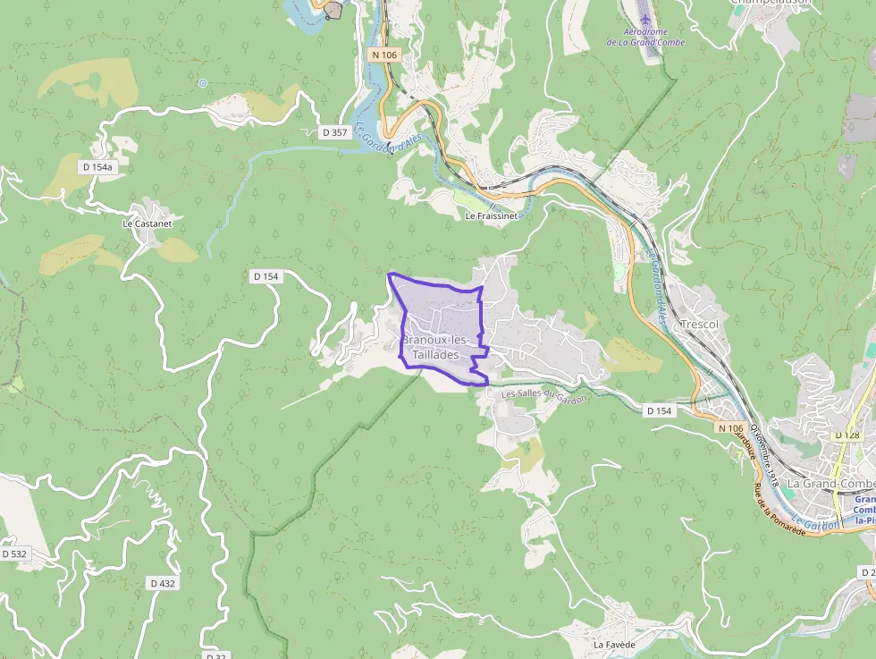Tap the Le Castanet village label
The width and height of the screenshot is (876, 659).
pyautogui.click(x=147, y=223)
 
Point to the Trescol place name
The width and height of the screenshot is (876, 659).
pyautogui.click(x=699, y=324)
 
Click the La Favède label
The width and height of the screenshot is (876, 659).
pyautogui.click(x=614, y=644)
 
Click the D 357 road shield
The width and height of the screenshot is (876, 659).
pyautogui.click(x=333, y=132)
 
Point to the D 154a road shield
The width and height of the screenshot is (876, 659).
pyautogui.click(x=97, y=166)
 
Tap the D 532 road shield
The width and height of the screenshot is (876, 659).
pyautogui.click(x=14, y=554)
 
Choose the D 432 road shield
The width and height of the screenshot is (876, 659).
pyautogui.click(x=162, y=583)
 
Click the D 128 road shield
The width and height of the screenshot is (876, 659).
pyautogui.click(x=847, y=435)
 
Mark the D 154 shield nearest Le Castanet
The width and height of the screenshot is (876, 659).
pyautogui.click(x=265, y=276)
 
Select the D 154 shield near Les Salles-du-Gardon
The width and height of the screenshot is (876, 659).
pyautogui.click(x=659, y=410)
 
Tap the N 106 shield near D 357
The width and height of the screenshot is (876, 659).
pyautogui.click(x=383, y=55)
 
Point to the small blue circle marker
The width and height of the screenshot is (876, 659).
pyautogui.click(x=203, y=83)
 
